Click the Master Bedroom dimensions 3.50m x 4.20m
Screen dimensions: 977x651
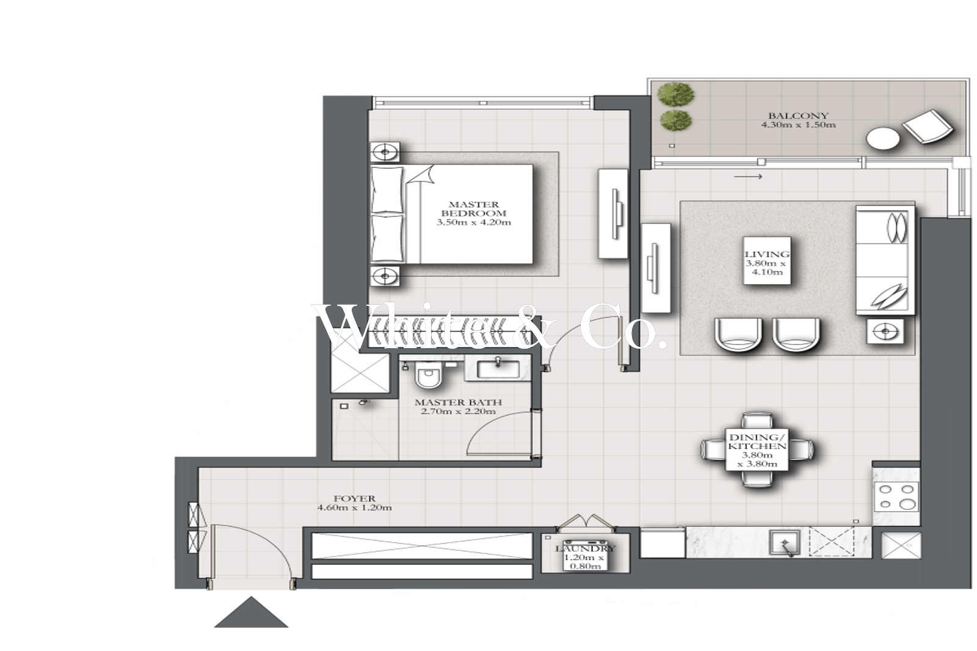tap(474, 222)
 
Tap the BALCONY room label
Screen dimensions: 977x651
tap(798, 115)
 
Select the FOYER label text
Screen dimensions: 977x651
tap(355, 498)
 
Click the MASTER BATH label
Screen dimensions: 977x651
tap(458, 402)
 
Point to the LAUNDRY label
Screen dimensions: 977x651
tap(585, 548)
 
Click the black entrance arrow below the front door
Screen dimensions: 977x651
tap(251, 612)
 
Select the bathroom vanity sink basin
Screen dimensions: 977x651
tap(498, 369)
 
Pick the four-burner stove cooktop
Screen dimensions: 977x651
tap(896, 496)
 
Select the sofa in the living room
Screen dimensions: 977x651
tap(885, 260)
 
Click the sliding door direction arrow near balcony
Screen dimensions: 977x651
tap(748, 176)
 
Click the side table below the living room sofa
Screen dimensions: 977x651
tap(885, 331)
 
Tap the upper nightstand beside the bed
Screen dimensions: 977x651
tap(385, 152)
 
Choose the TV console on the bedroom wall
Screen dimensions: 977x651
tap(613, 214)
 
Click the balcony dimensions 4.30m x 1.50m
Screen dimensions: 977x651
tap(798, 125)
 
